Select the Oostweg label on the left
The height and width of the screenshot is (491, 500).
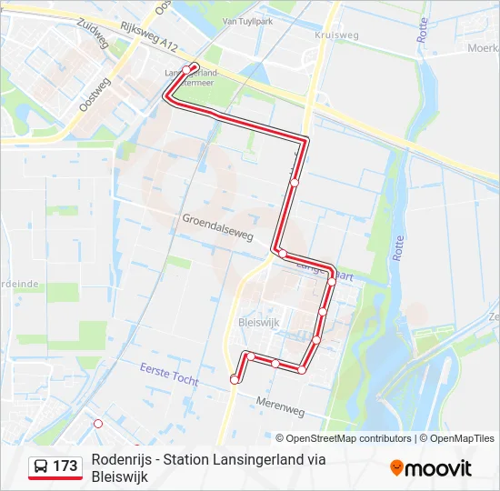click(95, 94)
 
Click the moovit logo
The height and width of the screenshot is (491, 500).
click(431, 468)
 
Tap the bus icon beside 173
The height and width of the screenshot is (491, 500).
click(41, 466)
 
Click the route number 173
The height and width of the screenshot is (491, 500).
click(65, 466)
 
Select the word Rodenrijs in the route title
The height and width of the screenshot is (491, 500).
click(122, 459)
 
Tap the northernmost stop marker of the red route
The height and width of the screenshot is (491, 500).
click(187, 69)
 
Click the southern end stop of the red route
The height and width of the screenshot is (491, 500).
click(235, 379)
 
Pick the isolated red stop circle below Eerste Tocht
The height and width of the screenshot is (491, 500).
click(98, 424)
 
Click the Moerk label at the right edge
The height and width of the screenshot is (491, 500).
click(482, 46)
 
